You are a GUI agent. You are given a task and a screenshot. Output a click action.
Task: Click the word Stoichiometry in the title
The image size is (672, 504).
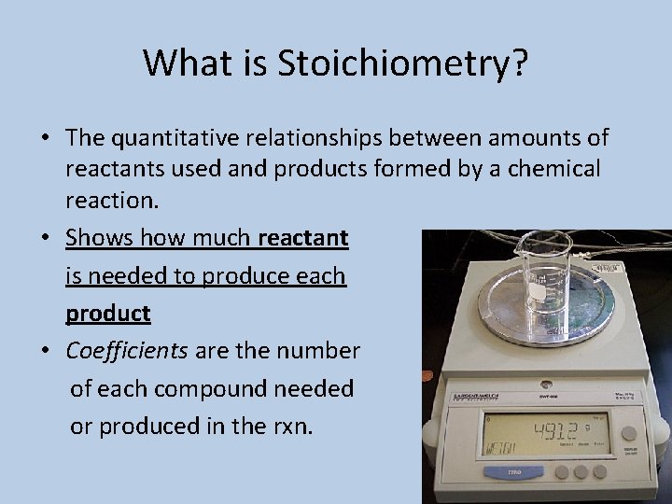point(403,63)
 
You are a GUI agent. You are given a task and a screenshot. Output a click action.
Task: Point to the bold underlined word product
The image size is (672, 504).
point(107,314)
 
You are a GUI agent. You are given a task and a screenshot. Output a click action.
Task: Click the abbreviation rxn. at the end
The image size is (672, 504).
point(292,426)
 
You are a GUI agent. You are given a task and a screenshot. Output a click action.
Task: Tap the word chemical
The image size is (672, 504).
point(554,169)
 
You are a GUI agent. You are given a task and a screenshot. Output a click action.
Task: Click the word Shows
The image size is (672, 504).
point(100,238)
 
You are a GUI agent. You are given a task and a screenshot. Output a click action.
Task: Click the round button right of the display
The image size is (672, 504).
point(630,433)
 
